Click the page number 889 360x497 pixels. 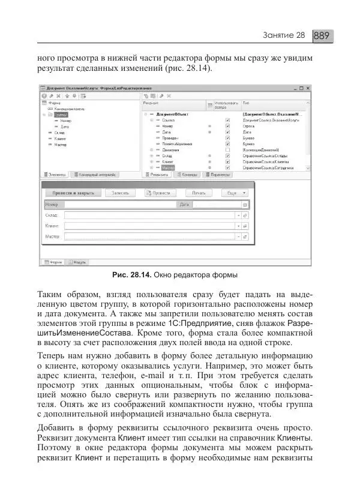pos(322,35)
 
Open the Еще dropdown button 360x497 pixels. pos(233,193)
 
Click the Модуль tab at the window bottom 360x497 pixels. pos(78,262)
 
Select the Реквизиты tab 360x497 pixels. pos(158,175)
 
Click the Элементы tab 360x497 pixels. pos(55,175)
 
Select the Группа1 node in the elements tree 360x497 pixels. pos(61,114)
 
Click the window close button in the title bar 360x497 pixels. pos(308,88)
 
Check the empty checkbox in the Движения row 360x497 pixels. pos(228,149)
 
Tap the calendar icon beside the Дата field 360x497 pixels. pos(245,205)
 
